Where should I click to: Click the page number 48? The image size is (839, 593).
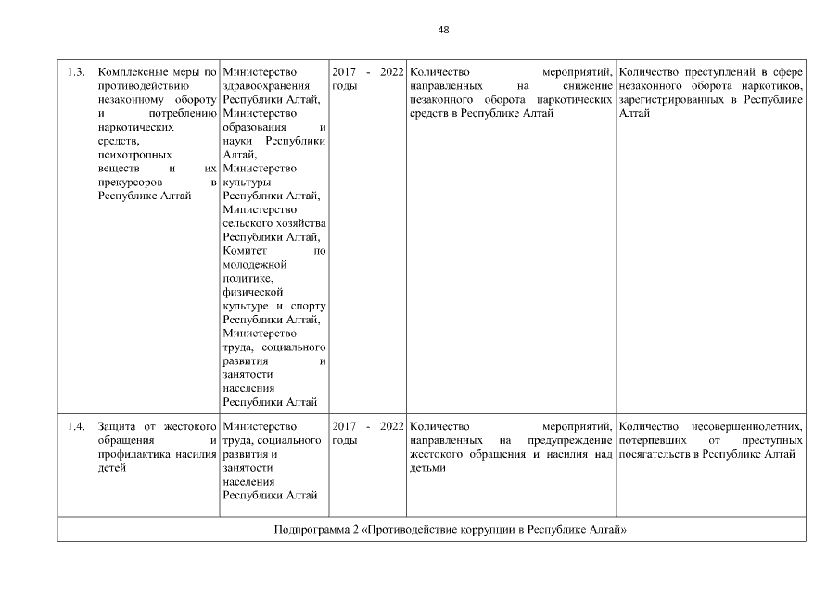coord(443,30)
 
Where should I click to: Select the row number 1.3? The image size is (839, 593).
coord(77,72)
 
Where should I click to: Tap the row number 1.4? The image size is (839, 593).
coord(77,426)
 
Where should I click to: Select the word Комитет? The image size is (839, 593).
coord(246,251)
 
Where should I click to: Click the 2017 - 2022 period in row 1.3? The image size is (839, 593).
coord(367,72)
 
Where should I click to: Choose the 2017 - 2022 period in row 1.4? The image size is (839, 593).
coord(367,426)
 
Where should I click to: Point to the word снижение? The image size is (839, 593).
coord(586,86)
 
